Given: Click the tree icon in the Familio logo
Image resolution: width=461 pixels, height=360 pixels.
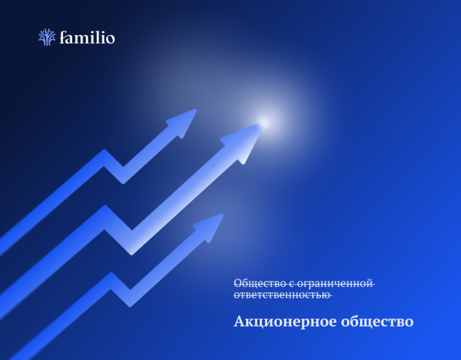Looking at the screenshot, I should [x=47, y=37].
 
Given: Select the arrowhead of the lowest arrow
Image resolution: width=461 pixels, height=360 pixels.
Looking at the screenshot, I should [x=211, y=226].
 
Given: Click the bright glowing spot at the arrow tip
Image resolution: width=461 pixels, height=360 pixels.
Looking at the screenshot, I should [x=263, y=123].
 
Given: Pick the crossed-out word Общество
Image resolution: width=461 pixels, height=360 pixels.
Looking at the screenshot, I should [x=253, y=283].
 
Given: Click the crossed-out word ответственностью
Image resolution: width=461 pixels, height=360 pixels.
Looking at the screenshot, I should [x=282, y=295].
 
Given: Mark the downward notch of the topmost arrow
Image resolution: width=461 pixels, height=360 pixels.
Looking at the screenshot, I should [x=123, y=178].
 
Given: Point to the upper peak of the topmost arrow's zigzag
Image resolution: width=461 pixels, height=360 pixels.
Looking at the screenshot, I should [x=104, y=154].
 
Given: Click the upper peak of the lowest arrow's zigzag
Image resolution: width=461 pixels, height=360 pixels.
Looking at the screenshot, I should [x=111, y=277].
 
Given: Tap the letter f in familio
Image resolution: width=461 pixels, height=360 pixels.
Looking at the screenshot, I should [x=64, y=37].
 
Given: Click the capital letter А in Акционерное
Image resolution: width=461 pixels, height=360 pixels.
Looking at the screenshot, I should [x=239, y=322].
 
